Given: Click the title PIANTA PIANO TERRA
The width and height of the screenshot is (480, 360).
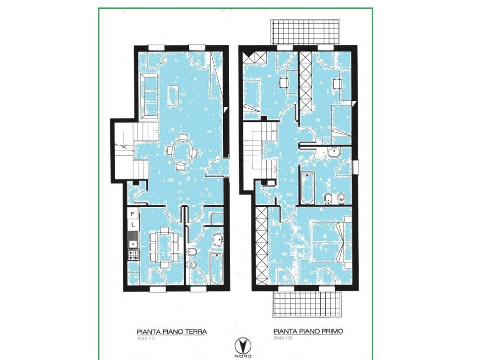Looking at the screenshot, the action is [x=172, y=331].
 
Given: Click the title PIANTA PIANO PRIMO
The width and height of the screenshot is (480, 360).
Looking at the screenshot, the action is [x=308, y=331].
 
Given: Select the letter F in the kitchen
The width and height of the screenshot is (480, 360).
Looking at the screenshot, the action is [x=133, y=214].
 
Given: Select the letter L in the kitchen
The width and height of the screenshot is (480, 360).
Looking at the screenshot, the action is [x=133, y=225].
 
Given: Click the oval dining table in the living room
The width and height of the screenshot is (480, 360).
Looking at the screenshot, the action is [x=182, y=151].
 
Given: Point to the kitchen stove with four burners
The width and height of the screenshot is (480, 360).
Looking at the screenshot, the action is [x=133, y=255].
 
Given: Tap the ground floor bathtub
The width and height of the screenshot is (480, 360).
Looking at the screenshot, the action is [x=217, y=268].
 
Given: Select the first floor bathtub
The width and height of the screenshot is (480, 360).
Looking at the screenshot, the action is [x=307, y=188].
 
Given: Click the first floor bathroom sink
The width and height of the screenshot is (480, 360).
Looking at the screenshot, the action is [x=334, y=152].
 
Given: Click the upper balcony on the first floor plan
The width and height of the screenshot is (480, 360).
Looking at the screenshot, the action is [x=306, y=32].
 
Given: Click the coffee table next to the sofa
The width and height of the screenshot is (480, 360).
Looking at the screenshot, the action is [x=174, y=95].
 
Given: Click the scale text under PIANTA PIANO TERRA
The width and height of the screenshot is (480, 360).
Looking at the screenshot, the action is [x=146, y=338].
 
